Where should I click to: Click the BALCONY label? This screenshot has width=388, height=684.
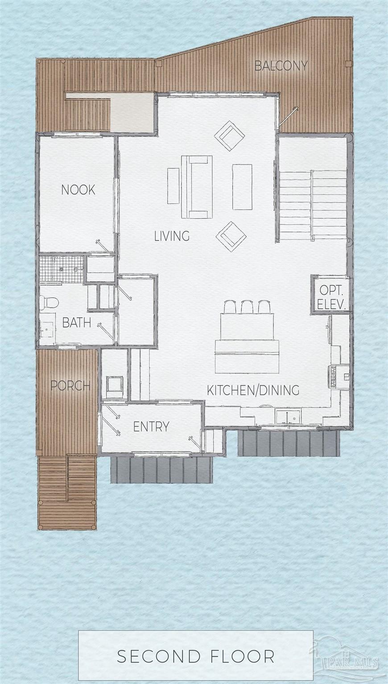click(281, 66)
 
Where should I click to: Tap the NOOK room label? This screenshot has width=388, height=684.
click(78, 190)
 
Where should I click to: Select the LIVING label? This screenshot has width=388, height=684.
click(172, 236)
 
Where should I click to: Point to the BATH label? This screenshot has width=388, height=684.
click(77, 322)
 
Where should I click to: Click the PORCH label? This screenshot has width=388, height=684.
click(70, 386)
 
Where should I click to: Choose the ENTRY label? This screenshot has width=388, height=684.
click(151, 427)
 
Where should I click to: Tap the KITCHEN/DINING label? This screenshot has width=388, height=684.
click(253, 390)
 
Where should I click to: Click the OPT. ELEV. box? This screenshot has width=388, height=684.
click(332, 297)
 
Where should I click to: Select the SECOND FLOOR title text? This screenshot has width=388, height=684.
click(196, 656)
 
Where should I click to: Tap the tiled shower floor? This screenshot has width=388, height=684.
click(60, 269)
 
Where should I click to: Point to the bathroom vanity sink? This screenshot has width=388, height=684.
click(46, 330)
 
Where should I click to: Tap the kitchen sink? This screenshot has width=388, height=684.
click(287, 417)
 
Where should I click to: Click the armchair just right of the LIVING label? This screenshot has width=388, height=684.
click(231, 236)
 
